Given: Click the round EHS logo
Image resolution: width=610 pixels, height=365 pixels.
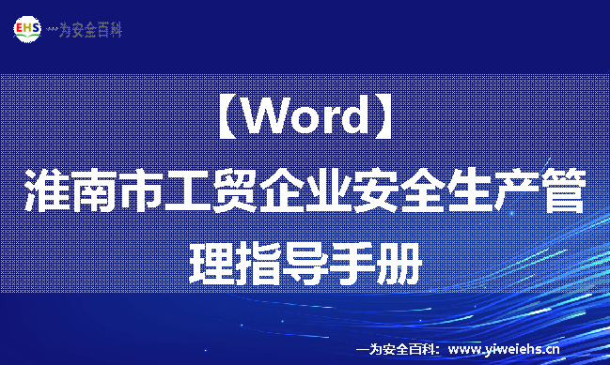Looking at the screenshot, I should (x=28, y=29).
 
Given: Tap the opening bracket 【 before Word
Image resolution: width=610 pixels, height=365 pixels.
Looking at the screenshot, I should (x=223, y=119).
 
